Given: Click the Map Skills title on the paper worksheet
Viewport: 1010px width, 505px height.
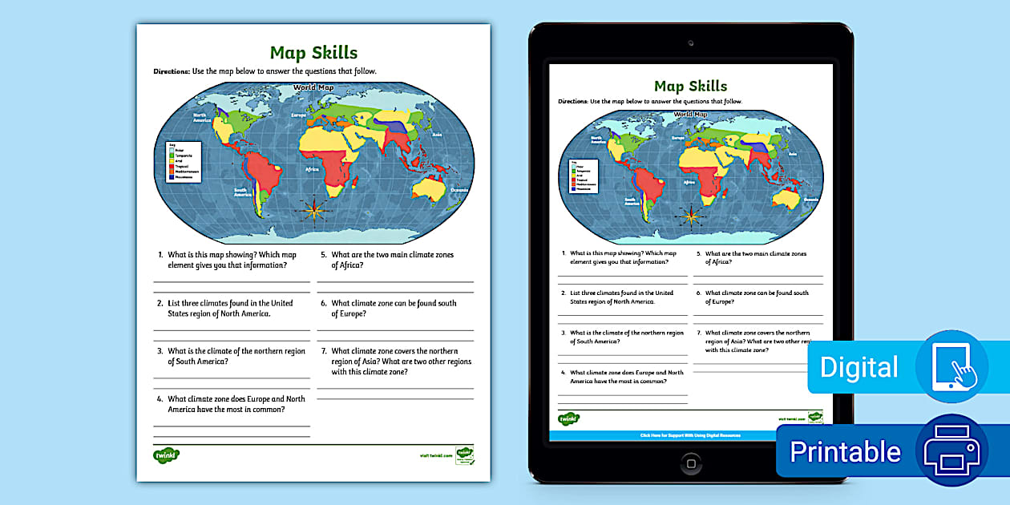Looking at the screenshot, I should click(x=313, y=53).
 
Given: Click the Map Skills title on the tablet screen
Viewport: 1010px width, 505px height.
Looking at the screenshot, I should click(x=690, y=86).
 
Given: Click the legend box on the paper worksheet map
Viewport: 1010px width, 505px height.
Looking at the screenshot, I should click(x=183, y=161).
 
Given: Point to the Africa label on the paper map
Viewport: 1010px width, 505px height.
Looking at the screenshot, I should click(x=313, y=170).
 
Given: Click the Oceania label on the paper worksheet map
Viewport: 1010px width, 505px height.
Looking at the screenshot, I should click(x=459, y=190).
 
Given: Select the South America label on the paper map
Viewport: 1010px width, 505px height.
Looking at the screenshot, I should click(x=243, y=192).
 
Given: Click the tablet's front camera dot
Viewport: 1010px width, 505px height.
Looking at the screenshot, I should click(x=691, y=42).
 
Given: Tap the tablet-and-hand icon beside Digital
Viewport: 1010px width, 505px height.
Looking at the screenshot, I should click(x=952, y=366).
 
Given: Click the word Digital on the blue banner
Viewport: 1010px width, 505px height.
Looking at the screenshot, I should click(x=858, y=367).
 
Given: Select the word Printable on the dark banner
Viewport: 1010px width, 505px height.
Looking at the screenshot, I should click(x=845, y=452).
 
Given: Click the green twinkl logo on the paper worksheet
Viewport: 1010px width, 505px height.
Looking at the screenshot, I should click(x=166, y=455).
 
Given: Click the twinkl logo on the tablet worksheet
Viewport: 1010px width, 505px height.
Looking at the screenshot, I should click(x=569, y=419).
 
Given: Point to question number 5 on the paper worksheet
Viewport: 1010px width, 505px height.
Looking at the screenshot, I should click(x=323, y=255).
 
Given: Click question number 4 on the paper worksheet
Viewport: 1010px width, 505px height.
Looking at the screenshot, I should click(x=160, y=399).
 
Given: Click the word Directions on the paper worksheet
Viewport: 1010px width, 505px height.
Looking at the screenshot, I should click(x=172, y=71).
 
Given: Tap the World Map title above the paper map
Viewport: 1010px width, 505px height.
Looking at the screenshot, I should click(x=313, y=87).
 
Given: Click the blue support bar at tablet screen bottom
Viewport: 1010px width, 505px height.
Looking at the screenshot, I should click(x=690, y=435).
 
